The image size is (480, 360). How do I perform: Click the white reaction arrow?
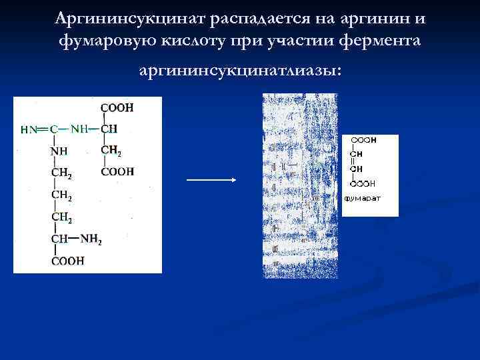coord(212,179)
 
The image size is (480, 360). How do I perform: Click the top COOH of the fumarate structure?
coord(363,141)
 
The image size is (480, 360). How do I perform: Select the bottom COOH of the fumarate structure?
coord(363,183)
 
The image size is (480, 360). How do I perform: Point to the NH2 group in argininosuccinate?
coord(91,239)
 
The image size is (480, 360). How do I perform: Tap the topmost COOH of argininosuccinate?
coord(117,107)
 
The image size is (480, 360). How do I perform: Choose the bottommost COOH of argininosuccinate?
coord(67,261)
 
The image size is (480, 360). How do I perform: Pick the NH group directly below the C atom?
coord(59,151)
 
